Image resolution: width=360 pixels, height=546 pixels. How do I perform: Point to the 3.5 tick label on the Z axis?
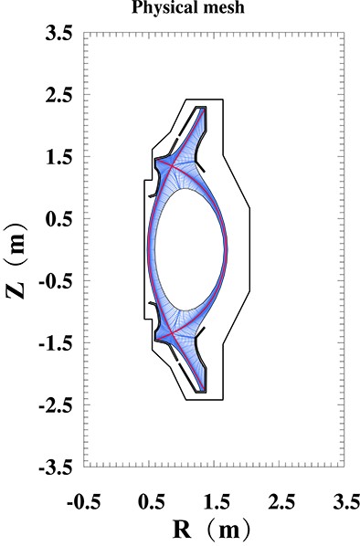click(x=59, y=34)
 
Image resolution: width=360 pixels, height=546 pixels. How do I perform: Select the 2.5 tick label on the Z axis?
click(x=59, y=96)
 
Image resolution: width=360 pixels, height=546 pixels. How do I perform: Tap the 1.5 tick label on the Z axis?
click(x=59, y=158)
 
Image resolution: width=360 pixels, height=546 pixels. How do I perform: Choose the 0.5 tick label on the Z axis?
click(x=59, y=220)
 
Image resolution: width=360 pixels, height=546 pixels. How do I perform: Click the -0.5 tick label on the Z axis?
click(x=56, y=282)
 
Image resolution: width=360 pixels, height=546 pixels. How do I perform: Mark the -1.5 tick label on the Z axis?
click(x=56, y=343)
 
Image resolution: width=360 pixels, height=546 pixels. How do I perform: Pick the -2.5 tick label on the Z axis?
click(x=56, y=405)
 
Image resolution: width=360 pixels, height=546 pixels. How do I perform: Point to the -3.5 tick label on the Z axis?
click(x=56, y=467)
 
